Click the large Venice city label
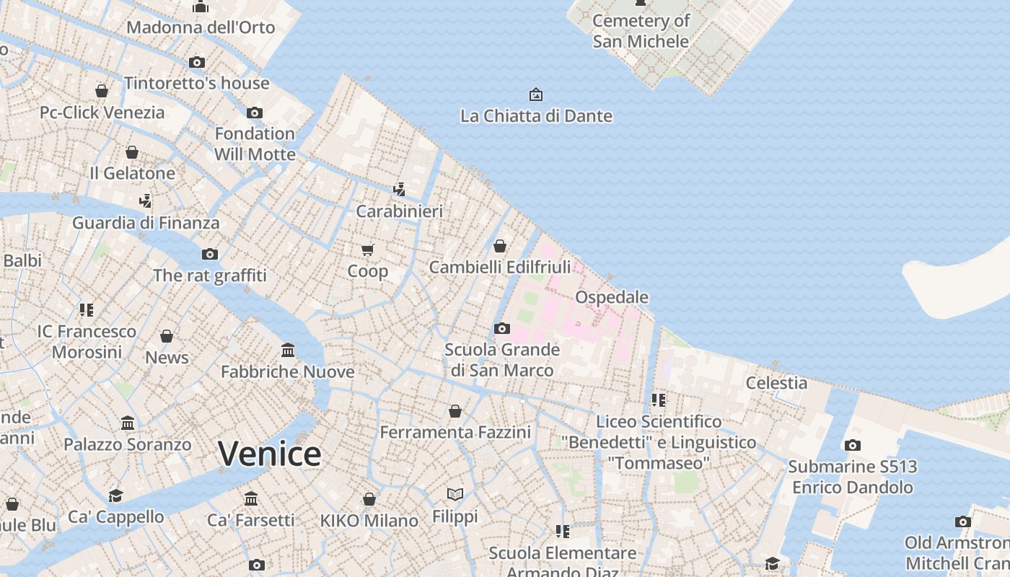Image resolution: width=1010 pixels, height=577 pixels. [270, 454]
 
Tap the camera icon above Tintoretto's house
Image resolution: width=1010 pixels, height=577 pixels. [197, 62]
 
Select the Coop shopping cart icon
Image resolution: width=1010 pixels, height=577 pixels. [368, 250]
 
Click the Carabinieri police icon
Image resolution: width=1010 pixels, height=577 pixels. [399, 190]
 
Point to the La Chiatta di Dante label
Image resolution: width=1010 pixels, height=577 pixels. [536, 115]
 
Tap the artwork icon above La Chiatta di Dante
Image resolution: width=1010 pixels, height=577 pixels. [536, 94]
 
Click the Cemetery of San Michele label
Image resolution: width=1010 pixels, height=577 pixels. [641, 31]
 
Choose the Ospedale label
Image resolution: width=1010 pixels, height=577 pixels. [612, 297]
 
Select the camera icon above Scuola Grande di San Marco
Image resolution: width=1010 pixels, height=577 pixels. [502, 329]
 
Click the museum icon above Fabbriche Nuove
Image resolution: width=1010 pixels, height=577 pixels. [288, 351]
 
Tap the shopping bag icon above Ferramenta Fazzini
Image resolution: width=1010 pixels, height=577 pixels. [455, 411]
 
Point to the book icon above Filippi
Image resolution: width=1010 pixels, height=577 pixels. [454, 495]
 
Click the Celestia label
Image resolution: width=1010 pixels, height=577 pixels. [776, 383]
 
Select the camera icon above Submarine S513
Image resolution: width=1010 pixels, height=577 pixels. [853, 445]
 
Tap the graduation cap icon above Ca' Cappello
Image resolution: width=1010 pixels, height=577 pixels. [115, 495]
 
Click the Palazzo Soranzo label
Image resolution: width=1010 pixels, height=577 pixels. [128, 444]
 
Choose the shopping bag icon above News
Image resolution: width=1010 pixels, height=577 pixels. [167, 336]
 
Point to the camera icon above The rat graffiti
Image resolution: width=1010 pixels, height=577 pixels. [210, 254]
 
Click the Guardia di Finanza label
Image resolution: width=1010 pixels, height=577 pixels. [146, 223]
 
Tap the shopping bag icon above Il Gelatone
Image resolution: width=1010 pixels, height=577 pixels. [132, 152]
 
